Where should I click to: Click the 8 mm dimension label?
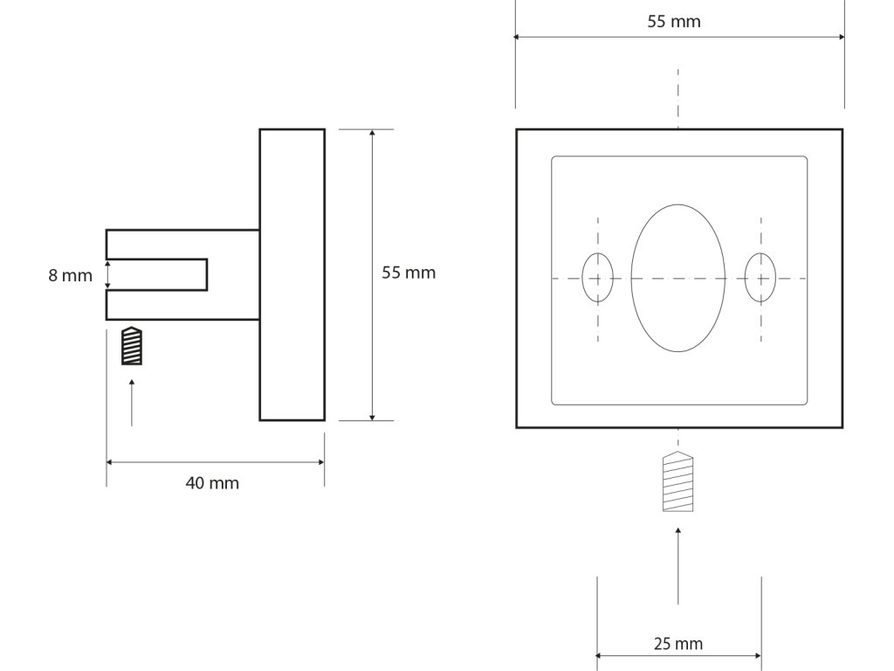pos(70,275)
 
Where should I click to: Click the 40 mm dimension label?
pos(212,483)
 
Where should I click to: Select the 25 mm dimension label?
pos(677,645)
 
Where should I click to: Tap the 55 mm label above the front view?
pos(673,22)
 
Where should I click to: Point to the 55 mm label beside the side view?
pos(409,273)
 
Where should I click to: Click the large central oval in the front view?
pos(678,278)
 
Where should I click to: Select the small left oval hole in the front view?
pos(598,278)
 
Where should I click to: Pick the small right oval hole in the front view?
pos(760,278)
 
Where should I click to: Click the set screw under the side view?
pos(131,346)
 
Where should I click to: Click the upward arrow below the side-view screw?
pos(132,402)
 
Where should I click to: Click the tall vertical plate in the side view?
pos(292,274)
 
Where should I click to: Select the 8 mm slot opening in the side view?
pos(157,274)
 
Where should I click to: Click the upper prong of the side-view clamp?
pos(182,244)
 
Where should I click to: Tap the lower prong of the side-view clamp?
pos(182,305)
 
